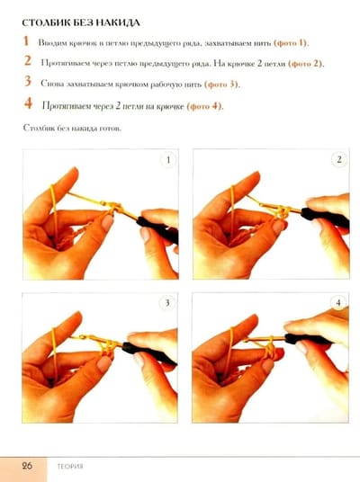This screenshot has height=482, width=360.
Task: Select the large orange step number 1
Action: [x=26, y=40]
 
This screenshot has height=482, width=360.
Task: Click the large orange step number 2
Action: [x=28, y=61]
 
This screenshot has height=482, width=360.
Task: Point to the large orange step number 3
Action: [x=28, y=81]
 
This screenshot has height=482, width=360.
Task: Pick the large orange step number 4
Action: [x=28, y=103]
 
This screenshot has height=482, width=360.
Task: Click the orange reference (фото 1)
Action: [x=291, y=43]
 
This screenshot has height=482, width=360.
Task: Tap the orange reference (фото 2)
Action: [x=305, y=64]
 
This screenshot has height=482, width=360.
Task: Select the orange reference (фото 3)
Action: [x=221, y=85]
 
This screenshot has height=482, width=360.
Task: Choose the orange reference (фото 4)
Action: [x=204, y=106]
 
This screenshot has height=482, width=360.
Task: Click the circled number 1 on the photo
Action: [x=168, y=160]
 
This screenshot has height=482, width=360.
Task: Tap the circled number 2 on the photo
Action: [x=339, y=159]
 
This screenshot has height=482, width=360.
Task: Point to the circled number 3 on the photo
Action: [x=167, y=303]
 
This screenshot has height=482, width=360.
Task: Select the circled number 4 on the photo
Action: [x=338, y=303]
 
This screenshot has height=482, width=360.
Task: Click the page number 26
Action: [x=27, y=466]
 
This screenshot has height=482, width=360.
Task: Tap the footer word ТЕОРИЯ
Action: [x=70, y=467]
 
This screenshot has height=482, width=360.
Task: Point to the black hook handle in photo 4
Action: [x=308, y=339]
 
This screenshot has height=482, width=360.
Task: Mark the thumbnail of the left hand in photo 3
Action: [x=104, y=363]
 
